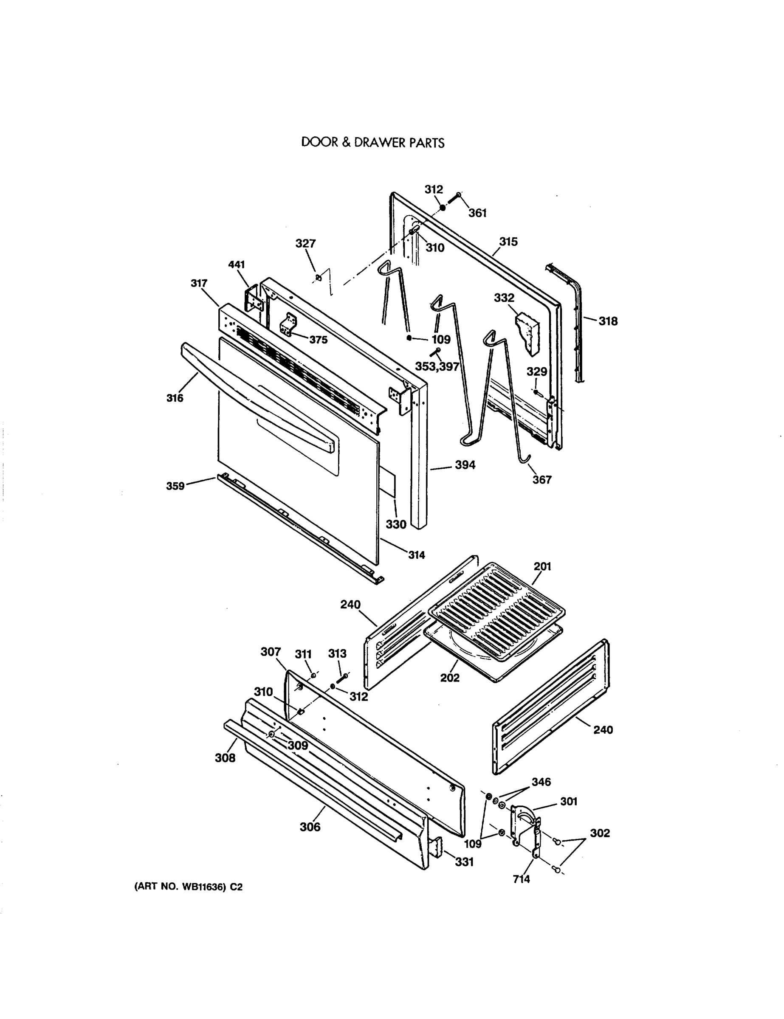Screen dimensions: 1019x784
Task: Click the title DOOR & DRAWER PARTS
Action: coord(372,142)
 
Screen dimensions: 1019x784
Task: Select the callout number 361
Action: coord(477,213)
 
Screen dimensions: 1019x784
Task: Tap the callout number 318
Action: coord(608,321)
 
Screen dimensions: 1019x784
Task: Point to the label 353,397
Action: coord(437,367)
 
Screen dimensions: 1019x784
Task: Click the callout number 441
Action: coord(237,265)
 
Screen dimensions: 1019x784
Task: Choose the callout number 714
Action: coord(521,879)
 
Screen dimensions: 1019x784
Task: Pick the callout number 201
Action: coord(543,566)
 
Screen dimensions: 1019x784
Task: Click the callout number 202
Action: coord(450,678)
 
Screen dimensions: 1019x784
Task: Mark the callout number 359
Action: coord(175,486)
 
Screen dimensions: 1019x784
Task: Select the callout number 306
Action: coord(310,827)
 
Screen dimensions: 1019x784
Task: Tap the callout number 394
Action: coord(465,465)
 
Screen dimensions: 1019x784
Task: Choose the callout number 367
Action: coord(542,480)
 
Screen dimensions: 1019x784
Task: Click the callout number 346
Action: coord(541,782)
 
